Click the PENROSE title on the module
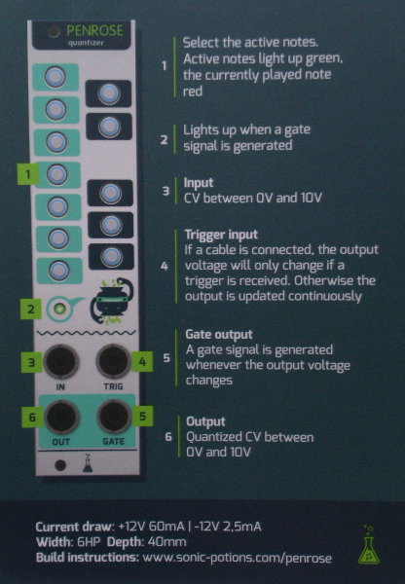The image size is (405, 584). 94,31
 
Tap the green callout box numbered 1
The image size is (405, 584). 28,174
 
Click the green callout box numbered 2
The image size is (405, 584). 30,309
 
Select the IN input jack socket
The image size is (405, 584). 61,362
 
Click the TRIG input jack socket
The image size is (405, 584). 113,362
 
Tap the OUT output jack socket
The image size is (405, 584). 62,417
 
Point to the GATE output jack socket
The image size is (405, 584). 114,416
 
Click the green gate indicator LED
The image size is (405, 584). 59,309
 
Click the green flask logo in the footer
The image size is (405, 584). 368,544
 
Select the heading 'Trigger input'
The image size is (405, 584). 221,235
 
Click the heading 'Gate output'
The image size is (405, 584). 219,335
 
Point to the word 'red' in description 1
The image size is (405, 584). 193,91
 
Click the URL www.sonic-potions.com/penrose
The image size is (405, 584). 237,558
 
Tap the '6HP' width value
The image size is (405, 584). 89,542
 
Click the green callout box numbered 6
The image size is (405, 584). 32,418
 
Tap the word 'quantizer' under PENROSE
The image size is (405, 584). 86,43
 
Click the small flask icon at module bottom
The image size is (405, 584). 88,463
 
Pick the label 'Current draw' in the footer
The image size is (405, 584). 74,527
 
